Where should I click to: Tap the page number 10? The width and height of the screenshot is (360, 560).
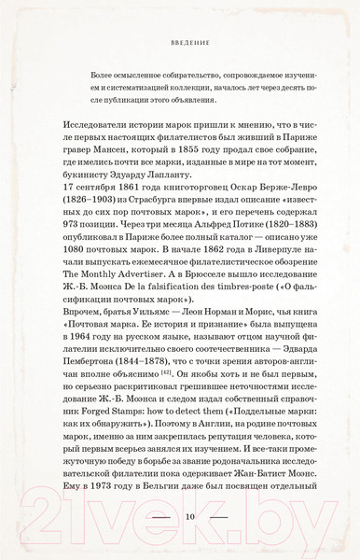[x=179, y=513]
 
